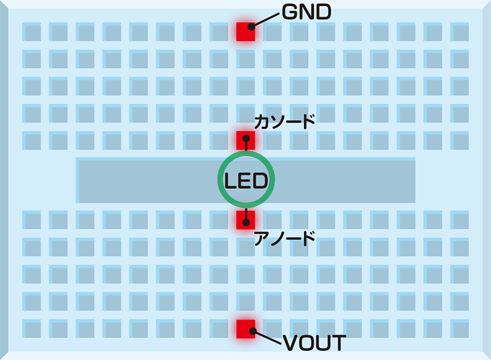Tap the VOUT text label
click(314, 342)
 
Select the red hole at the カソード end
click(245, 140)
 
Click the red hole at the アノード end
click(245, 220)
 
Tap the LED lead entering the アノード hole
click(245, 213)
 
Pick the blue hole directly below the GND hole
click(245, 58)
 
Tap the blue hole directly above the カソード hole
click(245, 113)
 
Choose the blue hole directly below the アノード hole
click(245, 247)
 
